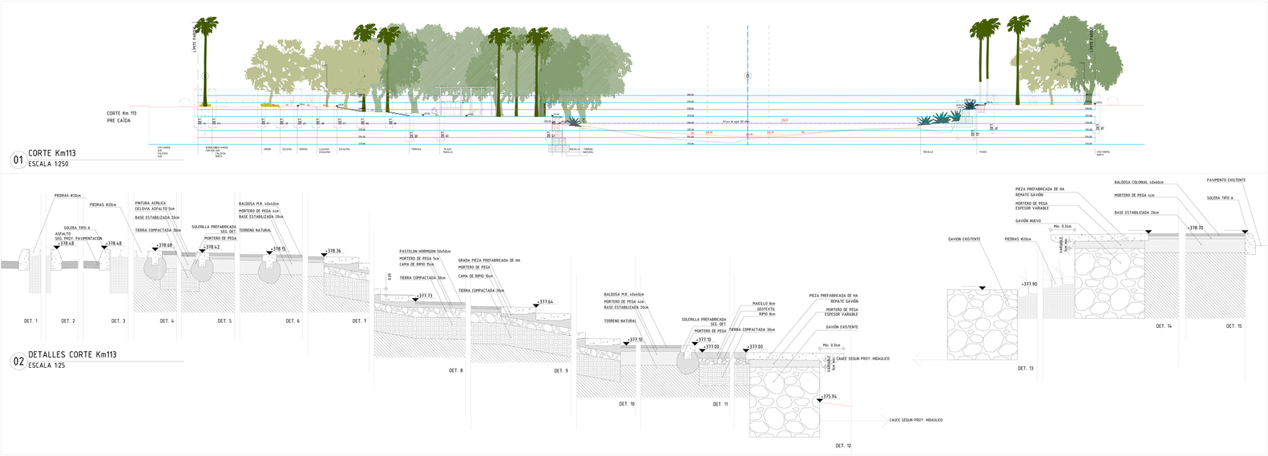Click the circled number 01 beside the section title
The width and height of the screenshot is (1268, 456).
pos(18,160)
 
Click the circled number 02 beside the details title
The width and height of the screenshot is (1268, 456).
pos(18,361)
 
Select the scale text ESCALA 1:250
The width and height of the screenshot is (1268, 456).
pos(49,163)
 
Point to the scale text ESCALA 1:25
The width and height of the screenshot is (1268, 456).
pos(46,365)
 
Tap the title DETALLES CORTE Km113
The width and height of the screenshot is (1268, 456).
pos(72,354)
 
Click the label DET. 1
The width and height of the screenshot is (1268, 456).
pos(30,321)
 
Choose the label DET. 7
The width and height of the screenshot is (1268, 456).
pos(359,321)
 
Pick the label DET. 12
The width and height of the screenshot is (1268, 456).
pos(843,445)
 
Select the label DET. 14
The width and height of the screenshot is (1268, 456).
pos(1164,326)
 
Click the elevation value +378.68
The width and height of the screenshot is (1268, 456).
pos(164,245)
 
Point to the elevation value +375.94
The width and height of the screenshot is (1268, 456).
pos(830,397)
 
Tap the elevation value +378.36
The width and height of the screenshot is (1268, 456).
pos(333,251)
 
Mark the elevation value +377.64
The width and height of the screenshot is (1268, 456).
pos(545,302)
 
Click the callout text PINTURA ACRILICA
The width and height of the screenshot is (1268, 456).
pos(150,204)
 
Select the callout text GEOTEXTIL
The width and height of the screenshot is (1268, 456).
pos(766,309)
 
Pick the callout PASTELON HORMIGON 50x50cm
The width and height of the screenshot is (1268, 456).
pos(425,252)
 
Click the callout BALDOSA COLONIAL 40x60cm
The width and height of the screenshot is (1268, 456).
pos(1138,183)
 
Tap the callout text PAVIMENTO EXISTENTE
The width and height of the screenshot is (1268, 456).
pos(1226,180)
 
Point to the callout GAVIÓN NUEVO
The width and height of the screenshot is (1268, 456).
pos(1028,220)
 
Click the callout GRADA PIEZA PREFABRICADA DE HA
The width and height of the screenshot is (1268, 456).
pos(489,260)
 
